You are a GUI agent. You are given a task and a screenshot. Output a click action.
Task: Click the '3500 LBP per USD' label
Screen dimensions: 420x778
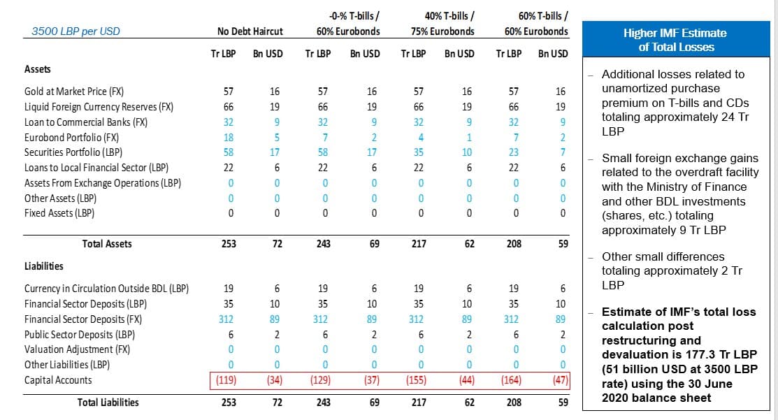[75, 31]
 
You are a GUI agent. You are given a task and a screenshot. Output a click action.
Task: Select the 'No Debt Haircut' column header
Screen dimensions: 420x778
[250, 31]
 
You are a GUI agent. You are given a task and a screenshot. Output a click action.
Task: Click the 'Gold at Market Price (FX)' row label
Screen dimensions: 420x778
[74, 92]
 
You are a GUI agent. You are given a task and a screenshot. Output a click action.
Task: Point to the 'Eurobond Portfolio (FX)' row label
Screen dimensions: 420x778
[71, 137]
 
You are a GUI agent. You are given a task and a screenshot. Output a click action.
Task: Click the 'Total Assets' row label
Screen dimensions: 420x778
[107, 244]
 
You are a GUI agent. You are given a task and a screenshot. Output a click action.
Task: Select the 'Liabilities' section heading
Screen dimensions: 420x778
[43, 266]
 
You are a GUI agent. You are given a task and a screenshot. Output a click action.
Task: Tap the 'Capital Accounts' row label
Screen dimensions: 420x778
[57, 380]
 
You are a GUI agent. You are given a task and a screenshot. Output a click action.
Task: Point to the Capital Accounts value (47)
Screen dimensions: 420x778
[560, 381]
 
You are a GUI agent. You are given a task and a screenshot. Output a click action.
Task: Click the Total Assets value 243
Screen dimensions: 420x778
[323, 244]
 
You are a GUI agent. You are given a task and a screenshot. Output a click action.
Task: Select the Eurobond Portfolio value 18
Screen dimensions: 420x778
[229, 137]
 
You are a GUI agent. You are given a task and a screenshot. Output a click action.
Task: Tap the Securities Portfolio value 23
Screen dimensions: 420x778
[514, 152]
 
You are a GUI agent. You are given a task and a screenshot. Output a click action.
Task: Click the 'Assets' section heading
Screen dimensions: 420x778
[38, 69]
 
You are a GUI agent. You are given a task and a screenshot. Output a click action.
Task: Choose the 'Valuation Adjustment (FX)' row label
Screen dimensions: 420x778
[73, 349]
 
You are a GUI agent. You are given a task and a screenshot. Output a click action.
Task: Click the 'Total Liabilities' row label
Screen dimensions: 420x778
[108, 403]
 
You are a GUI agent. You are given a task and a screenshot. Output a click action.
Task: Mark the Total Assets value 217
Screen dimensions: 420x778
[419, 244]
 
